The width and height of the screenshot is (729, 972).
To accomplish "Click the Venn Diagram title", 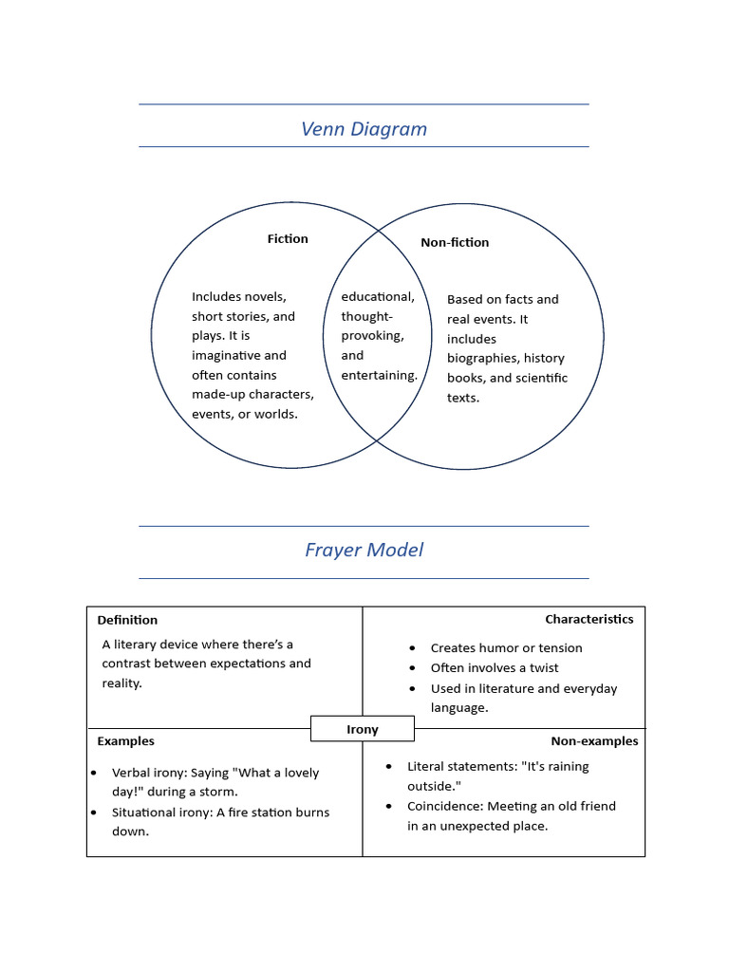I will tap(364, 129).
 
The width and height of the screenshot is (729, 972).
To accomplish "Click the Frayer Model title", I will tap(364, 550).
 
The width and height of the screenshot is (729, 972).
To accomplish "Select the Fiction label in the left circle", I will tap(288, 239).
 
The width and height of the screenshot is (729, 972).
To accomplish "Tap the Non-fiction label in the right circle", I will tap(455, 243).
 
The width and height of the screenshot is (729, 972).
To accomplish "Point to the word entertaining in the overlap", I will tap(379, 376).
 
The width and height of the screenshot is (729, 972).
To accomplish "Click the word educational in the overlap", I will tap(377, 297).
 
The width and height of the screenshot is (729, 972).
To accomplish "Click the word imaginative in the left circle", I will tap(226, 356).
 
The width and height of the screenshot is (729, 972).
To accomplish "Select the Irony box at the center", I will tap(363, 729).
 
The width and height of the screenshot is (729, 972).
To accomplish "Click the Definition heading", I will tap(127, 620).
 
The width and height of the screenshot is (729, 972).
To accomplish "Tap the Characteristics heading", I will tap(589, 619).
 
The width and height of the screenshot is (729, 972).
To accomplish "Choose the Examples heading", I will tap(125, 740).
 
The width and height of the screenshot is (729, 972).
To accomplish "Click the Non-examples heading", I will tap(594, 740).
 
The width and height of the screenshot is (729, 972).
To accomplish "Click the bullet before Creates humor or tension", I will tap(412, 648).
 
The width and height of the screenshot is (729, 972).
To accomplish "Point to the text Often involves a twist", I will tap(495, 668).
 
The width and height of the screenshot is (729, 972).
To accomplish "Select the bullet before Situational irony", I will tap(94, 813).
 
